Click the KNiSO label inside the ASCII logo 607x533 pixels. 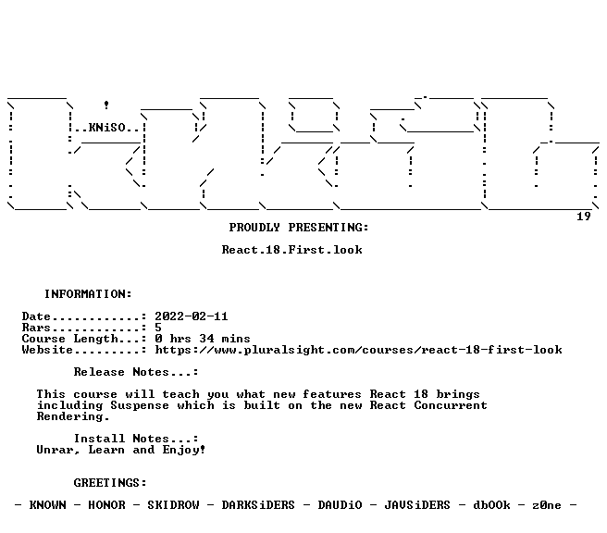106,128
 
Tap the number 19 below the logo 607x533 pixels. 584,216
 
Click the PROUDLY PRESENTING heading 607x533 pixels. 299,228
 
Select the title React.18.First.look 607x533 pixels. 291,250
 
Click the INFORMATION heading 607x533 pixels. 88,293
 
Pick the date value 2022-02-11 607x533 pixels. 192,316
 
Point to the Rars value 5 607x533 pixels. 158,328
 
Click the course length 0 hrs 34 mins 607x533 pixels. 203,339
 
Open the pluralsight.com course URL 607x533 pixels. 358,350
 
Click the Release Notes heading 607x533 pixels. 135,372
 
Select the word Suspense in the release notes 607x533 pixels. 140,405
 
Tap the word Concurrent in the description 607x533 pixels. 451,405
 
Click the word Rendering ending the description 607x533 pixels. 73,416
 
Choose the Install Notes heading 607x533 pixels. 135,439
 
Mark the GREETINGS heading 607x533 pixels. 110,483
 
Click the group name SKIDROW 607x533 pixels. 173,505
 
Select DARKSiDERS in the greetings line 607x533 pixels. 258,505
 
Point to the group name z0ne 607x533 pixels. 547,505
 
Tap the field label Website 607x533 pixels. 47,350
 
